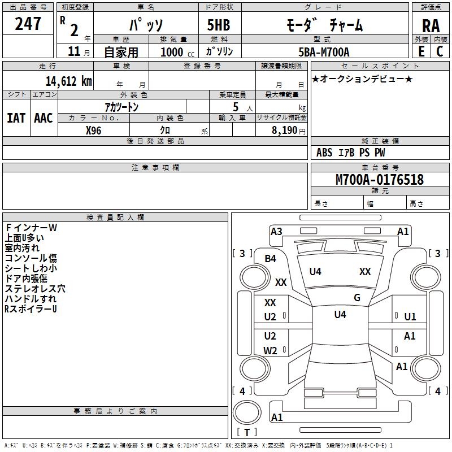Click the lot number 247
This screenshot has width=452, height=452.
(x=28, y=24)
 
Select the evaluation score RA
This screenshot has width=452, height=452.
(x=431, y=26)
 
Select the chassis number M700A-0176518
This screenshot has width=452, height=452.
(x=379, y=180)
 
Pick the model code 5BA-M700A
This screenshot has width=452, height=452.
(x=324, y=53)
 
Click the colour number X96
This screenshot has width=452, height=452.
(x=94, y=130)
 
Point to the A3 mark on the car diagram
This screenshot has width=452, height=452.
(x=276, y=231)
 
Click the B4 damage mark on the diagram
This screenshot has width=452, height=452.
(x=270, y=258)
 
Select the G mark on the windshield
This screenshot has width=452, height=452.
(x=357, y=297)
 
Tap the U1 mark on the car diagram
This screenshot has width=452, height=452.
(x=410, y=316)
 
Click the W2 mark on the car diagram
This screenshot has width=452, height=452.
(x=270, y=350)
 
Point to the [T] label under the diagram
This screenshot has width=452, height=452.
(x=247, y=432)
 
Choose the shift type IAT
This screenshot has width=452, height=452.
(x=16, y=118)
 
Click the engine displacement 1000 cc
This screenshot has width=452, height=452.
(x=176, y=53)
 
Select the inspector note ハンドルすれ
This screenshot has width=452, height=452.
(x=30, y=299)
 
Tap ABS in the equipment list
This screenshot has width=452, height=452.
(x=324, y=153)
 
